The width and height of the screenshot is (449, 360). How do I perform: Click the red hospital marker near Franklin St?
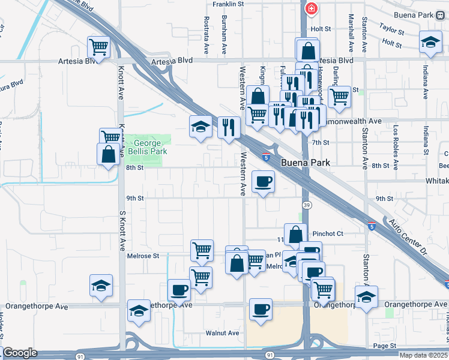tap(311, 8)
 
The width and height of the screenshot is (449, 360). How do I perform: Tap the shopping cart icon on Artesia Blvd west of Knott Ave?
tap(99, 46)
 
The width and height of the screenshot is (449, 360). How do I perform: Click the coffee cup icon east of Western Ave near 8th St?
tap(263, 181)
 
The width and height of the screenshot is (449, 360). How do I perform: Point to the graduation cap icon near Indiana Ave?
tap(430, 41)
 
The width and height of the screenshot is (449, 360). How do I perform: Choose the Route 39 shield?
tap(307, 205)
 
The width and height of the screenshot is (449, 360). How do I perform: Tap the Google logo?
tap(20, 353)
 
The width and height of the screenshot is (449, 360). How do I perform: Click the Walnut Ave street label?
tap(222, 333)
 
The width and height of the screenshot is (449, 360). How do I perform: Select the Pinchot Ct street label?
tap(328, 233)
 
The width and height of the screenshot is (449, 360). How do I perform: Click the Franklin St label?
tap(229, 4)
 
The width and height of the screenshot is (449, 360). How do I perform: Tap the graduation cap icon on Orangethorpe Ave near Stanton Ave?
tap(366, 297)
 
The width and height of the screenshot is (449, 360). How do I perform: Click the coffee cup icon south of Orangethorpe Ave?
tap(261, 310)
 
